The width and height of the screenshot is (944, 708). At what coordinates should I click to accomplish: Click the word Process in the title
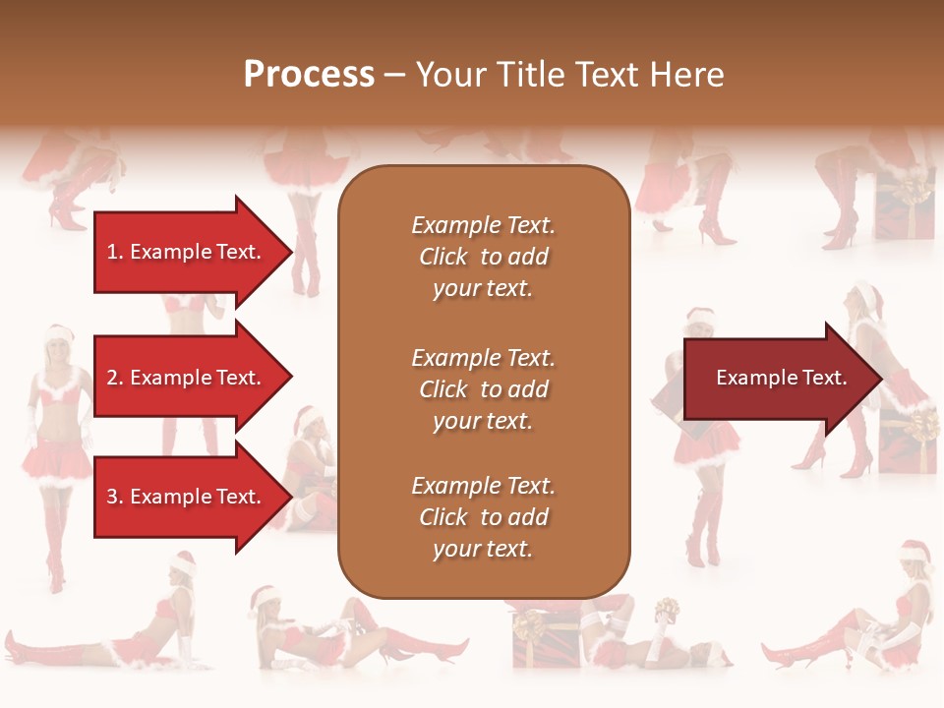click(x=309, y=75)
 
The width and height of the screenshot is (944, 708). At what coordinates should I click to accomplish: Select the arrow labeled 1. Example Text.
click(x=187, y=252)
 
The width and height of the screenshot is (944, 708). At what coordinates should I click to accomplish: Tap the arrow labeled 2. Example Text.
click(x=187, y=378)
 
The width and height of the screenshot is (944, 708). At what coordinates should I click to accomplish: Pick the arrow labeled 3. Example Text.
click(x=187, y=497)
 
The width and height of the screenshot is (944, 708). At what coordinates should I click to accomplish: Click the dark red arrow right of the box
click(x=777, y=378)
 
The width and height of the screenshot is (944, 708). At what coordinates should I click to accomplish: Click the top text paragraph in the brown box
click(x=483, y=257)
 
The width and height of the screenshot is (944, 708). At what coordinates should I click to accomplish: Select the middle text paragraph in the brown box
click(x=483, y=389)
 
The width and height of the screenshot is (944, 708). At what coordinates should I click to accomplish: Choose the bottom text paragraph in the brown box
click(x=483, y=517)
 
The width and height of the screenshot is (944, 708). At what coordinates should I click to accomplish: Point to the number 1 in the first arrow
click(x=112, y=253)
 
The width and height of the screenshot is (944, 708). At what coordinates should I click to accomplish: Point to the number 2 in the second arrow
click(x=112, y=379)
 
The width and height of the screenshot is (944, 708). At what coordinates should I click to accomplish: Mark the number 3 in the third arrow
click(x=112, y=498)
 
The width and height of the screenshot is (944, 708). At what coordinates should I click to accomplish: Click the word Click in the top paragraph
click(x=443, y=258)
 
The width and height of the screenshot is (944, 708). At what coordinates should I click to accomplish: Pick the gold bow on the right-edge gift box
click(x=922, y=425)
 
